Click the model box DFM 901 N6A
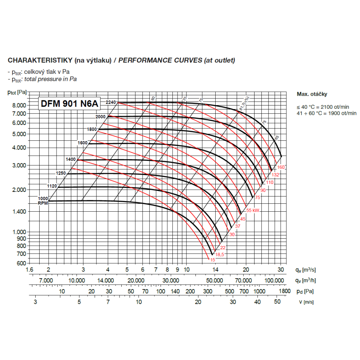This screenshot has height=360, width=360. (x=69, y=104)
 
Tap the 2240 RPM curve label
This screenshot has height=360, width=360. (x=111, y=103)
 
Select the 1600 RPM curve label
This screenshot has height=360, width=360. (x=82, y=143)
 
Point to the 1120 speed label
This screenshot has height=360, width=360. (x=52, y=186)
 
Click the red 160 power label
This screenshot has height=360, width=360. (x=281, y=167)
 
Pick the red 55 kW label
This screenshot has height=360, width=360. (x=253, y=210)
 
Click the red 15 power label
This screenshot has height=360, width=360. (x=212, y=260)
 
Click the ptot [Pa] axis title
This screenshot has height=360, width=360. (x=17, y=92)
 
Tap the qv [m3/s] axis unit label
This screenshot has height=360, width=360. (x=306, y=270)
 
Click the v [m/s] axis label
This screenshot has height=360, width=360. (x=306, y=302)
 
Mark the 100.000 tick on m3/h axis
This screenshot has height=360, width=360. (x=274, y=280)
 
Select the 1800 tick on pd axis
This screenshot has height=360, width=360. (x=284, y=291)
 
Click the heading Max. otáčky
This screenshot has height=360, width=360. (x=312, y=94)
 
